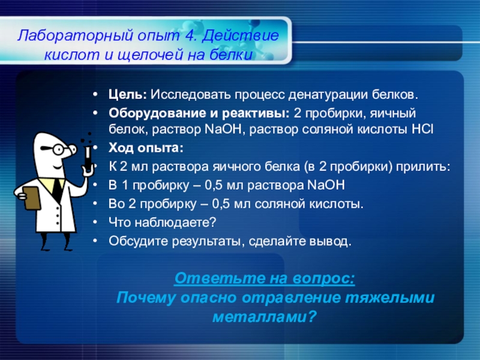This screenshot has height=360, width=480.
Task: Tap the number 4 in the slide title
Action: click(x=190, y=35)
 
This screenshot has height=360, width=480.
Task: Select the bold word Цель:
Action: click(x=128, y=95)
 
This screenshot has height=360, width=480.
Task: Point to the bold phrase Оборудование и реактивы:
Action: click(x=199, y=113)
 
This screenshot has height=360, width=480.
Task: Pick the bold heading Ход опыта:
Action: click(x=146, y=148)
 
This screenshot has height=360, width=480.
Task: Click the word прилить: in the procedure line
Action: click(x=423, y=167)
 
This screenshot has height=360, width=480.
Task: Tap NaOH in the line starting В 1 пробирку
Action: click(x=326, y=185)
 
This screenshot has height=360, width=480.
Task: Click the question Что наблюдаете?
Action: click(x=162, y=223)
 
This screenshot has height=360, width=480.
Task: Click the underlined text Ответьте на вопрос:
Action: click(x=265, y=278)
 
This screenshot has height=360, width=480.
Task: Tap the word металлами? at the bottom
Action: click(x=264, y=317)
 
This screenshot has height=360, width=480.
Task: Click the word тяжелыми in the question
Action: click(x=389, y=298)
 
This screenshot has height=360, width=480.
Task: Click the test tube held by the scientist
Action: click(x=88, y=158)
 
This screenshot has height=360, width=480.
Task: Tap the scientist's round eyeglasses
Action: click(x=59, y=149)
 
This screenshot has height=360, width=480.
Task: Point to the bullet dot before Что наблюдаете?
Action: click(x=95, y=222)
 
